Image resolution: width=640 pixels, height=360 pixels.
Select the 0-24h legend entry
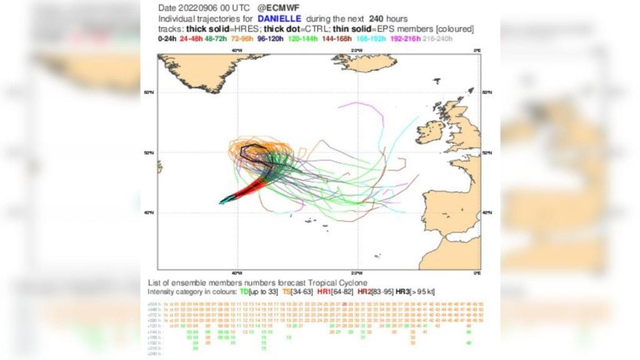(x=166, y=39)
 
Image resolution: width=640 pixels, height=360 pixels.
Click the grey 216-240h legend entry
(x=437, y=39)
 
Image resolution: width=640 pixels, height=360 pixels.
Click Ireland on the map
(x=430, y=132)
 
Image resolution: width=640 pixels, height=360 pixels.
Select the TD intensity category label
(x=244, y=292)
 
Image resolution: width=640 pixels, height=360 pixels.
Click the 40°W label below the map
(x=236, y=273)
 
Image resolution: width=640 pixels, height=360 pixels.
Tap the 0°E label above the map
(x=477, y=51)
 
